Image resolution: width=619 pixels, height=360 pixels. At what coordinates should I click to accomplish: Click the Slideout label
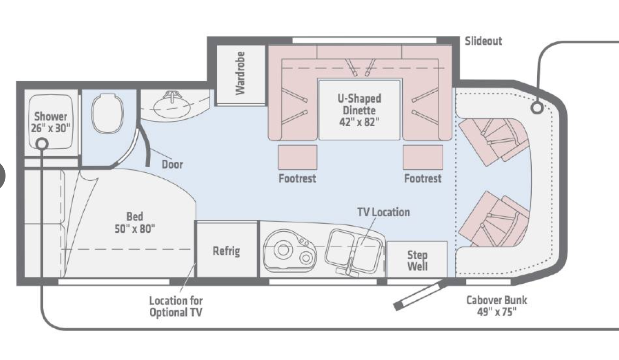(483, 41)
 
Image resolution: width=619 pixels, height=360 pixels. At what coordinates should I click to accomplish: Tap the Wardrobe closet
(240, 74)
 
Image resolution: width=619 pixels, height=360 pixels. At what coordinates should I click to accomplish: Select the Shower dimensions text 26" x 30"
(50, 128)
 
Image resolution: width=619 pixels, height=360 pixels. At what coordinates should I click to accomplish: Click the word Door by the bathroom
(172, 164)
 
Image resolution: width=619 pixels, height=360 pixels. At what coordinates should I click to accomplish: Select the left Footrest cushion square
(297, 157)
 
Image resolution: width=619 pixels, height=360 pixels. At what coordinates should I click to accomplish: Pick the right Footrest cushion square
(423, 157)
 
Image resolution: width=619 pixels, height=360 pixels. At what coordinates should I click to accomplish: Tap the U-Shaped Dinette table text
(359, 110)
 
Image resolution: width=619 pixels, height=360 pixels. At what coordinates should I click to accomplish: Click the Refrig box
(227, 251)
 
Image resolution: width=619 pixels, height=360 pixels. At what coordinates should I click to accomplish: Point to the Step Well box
(417, 260)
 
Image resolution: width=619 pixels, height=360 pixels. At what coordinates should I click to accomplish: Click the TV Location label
(383, 212)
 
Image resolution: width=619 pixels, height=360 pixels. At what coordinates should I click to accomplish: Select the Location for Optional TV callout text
(176, 306)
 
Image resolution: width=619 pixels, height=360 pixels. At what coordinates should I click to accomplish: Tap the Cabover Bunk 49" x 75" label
(497, 306)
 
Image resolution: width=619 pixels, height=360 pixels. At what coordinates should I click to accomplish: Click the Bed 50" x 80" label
(135, 223)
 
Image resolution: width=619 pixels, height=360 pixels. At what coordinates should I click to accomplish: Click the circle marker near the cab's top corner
(537, 108)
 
